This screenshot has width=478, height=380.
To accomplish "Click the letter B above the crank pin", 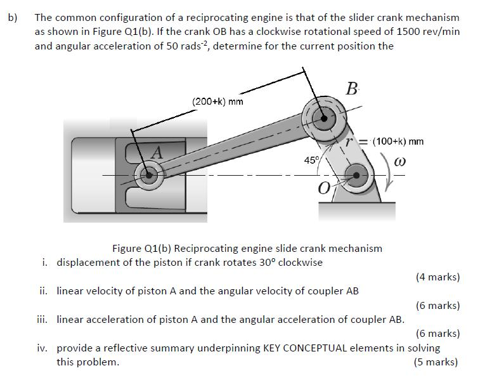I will [351, 89].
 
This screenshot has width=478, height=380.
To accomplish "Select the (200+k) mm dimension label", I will [217, 102].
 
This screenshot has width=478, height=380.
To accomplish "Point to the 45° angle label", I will [311, 160].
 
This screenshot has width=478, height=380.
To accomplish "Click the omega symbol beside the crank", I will [399, 162].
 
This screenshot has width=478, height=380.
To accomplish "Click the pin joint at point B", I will [325, 117].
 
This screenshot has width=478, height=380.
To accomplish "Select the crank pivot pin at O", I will [358, 175].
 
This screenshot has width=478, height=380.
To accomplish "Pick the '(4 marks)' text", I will [437, 277].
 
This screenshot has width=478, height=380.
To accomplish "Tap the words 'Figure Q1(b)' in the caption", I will [140, 248].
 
